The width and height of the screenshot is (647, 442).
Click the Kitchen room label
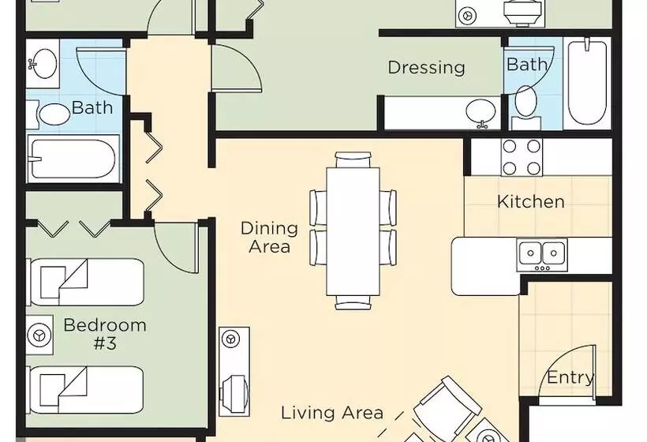[531, 201]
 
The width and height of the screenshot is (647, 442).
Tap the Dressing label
[427, 68]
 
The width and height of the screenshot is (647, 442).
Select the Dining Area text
[269, 238]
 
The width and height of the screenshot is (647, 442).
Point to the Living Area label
[332, 412]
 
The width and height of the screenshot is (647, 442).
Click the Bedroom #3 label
[105, 334]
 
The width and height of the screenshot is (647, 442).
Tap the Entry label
[570, 377]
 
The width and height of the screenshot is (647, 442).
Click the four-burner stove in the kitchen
[522, 157]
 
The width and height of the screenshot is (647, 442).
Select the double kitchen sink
[542, 255]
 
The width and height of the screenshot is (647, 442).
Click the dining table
[353, 231]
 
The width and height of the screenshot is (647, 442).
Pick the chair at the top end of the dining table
[353, 159]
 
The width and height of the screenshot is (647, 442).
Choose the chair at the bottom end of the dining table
[353, 302]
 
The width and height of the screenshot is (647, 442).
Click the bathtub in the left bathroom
[73, 159]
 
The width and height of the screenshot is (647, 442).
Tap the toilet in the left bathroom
[49, 113]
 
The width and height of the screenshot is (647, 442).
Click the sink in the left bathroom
[43, 64]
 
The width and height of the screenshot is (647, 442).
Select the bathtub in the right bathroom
[587, 83]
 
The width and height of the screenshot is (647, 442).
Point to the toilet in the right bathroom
[525, 107]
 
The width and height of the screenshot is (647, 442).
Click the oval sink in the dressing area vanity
[481, 112]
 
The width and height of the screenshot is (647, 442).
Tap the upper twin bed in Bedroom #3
[85, 282]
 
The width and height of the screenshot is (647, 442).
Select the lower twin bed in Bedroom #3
[85, 390]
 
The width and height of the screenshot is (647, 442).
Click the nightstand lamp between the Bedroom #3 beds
[39, 335]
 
